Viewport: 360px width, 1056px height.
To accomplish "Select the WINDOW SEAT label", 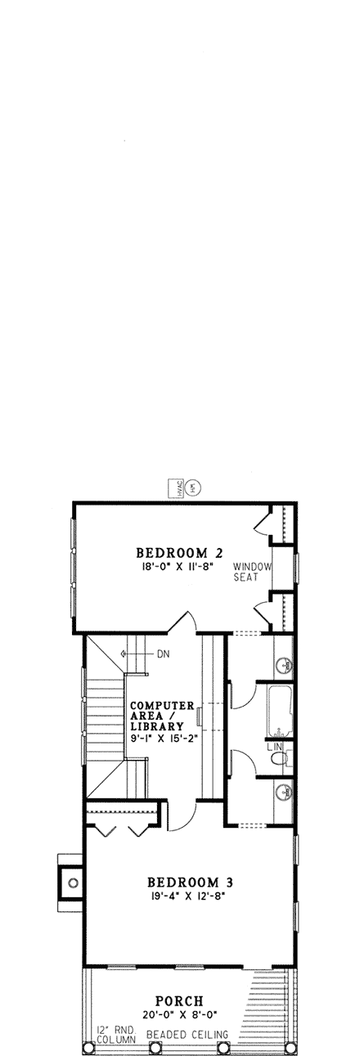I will [x=246, y=571].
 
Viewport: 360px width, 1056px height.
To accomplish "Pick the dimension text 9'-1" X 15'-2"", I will [x=160, y=739].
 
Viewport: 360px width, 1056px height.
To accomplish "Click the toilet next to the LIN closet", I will [x=278, y=760].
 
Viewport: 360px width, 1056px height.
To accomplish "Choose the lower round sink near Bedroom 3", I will [x=282, y=791].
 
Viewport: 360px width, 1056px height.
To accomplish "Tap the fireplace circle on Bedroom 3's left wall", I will [x=73, y=883].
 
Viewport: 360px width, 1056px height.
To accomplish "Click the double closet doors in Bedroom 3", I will [x=120, y=828].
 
